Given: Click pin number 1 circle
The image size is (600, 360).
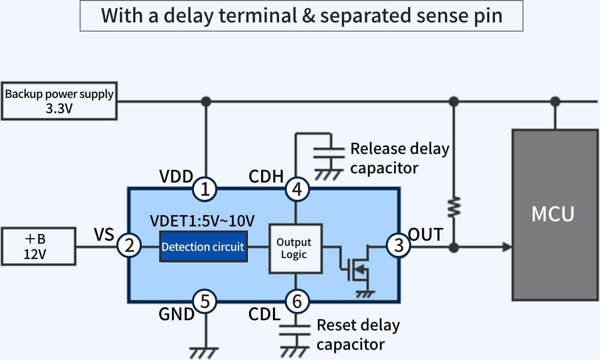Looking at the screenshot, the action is (205, 189).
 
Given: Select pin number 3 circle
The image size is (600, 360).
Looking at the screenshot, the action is (398, 245).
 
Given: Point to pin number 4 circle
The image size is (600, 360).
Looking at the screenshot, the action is (297, 189).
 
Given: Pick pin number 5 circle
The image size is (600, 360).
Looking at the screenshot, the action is (205, 301).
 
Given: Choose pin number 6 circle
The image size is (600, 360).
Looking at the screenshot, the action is (297, 301).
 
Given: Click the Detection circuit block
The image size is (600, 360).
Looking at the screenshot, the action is (203, 247).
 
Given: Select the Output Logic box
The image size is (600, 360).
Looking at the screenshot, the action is (295, 249).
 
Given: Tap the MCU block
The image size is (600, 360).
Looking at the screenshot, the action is (555, 215).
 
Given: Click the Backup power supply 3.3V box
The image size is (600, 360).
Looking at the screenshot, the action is (59, 101).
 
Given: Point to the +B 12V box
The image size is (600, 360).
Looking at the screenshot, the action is (38, 246).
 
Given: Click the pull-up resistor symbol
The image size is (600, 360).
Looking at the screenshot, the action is (454, 208).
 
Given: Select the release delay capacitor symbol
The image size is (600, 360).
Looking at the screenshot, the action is (329, 152).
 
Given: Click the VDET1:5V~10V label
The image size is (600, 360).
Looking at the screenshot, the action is (202, 221).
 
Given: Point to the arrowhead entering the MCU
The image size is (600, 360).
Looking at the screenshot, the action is (507, 247).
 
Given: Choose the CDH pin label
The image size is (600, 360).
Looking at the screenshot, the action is (266, 177).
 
